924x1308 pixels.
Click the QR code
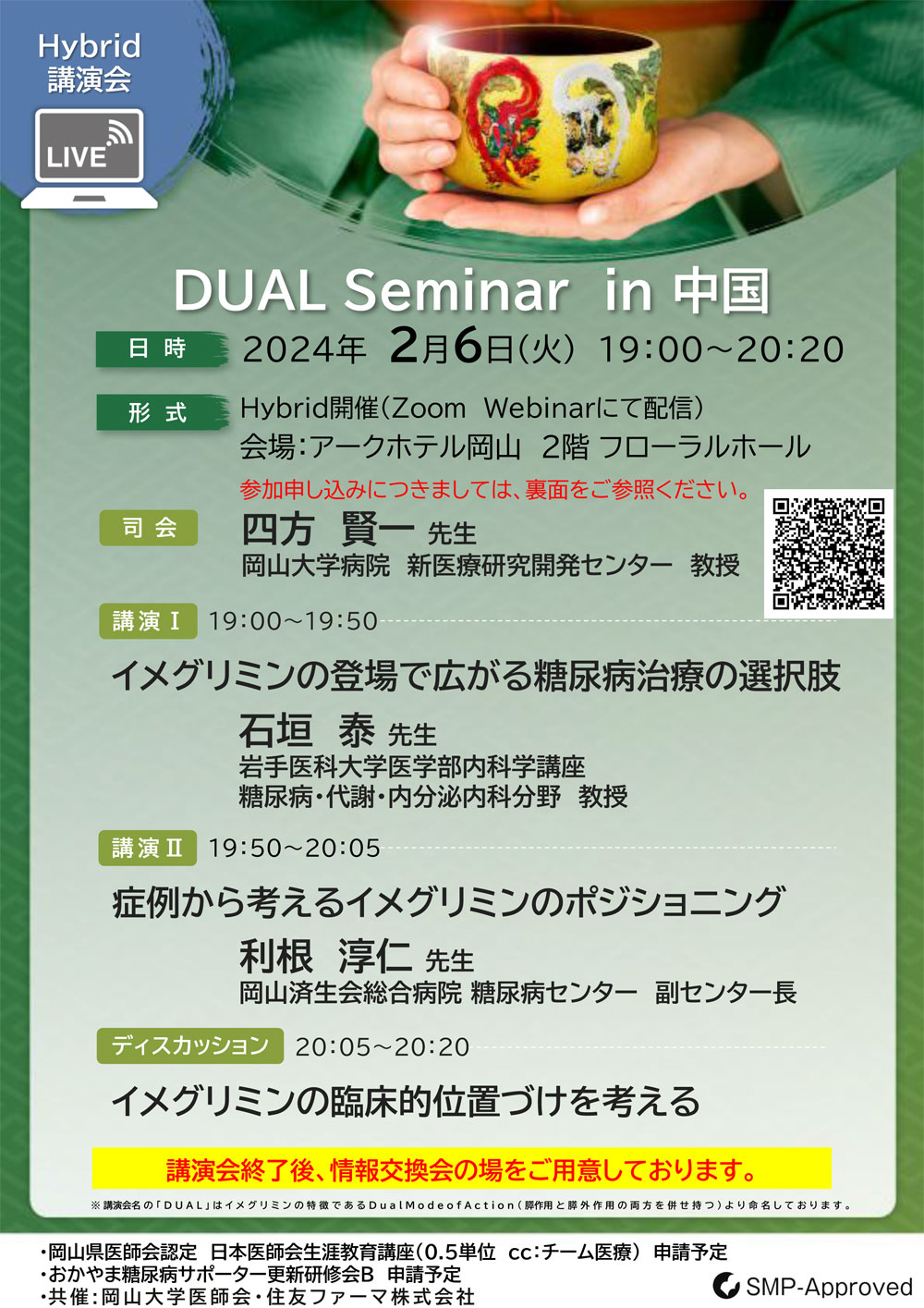828,554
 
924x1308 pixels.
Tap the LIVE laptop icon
90,158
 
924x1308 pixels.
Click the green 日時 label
162,348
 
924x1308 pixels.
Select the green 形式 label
162,412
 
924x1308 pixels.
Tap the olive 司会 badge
148,528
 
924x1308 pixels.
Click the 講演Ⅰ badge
148,620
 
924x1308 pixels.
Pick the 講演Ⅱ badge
147,848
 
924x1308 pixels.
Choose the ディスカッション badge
189,1045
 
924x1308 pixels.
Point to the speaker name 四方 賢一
327,531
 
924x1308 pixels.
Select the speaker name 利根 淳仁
325,956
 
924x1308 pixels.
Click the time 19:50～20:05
294,849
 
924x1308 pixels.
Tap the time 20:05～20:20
383,1047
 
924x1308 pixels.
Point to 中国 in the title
722,290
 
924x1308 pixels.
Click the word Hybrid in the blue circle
90,46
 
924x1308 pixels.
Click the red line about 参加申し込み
494,489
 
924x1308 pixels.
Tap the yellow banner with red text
461,1167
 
